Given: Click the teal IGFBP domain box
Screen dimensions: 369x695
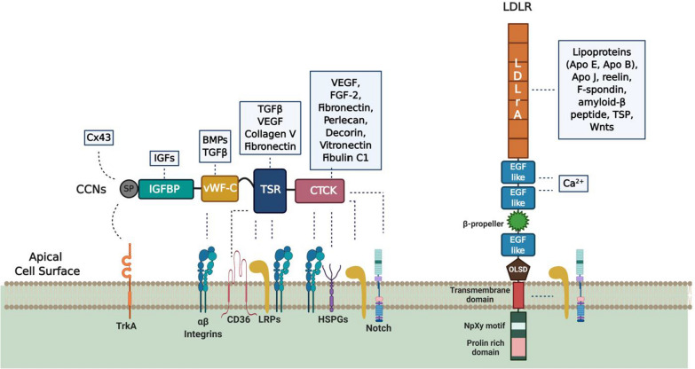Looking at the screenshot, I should pyautogui.click(x=162, y=189).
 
